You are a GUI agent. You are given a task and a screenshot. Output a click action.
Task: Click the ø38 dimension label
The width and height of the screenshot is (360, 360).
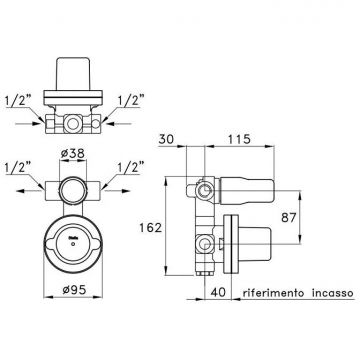[73, 154]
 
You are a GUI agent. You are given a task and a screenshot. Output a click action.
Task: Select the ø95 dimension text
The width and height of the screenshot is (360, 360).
[74, 290]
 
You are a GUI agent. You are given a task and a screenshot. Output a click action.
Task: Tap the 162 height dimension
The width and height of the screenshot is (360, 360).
[151, 228]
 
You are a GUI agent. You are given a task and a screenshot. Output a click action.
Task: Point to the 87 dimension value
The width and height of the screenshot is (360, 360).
[289, 218]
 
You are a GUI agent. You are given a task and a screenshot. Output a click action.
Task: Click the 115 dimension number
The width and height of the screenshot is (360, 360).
[239, 139]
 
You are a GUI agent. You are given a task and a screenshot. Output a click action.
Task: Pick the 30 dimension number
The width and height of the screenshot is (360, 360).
[166, 139]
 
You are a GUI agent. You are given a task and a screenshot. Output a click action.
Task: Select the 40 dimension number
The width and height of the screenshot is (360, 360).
[218, 292]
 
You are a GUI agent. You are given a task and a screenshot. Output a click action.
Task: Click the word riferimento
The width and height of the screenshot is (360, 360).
[273, 293]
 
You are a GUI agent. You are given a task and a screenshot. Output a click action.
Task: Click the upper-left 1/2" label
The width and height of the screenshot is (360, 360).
[18, 102]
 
